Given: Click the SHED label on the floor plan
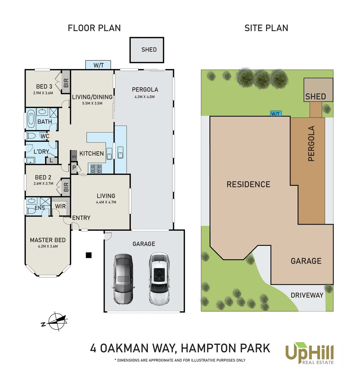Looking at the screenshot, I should (149, 50).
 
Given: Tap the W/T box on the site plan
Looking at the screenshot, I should (275, 114).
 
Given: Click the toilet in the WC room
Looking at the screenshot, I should (30, 136).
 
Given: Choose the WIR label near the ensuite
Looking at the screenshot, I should (60, 206).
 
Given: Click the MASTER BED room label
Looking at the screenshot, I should (47, 240).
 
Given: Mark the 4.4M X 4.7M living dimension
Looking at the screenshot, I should (106, 202).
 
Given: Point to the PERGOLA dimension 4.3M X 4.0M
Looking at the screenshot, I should (145, 97).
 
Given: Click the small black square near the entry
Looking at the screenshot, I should (89, 255).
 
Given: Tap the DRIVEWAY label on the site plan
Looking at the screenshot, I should (307, 295).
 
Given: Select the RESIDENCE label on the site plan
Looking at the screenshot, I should (248, 184).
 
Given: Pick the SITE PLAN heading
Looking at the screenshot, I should (266, 28).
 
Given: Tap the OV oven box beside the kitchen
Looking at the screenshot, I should (74, 157).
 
